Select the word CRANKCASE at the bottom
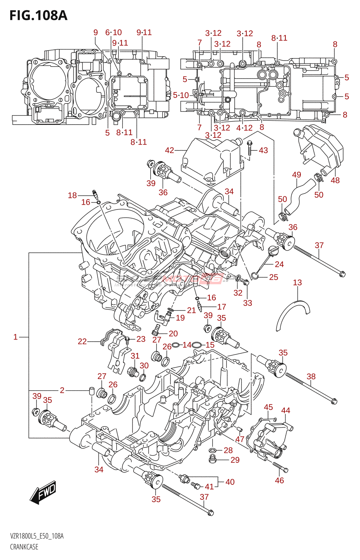pos(24,547)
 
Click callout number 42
pos(169,150)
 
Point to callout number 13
pos(297,282)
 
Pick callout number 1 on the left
pos(15,337)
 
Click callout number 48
pos(335,180)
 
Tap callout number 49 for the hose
pos(296,175)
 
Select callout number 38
pos(311,376)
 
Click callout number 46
pos(279,481)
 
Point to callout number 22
pos(82,341)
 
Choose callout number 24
pos(279,264)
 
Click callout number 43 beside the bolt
pos(263,150)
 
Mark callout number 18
pos(72,195)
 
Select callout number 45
pos(268,407)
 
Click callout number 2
pos(62,390)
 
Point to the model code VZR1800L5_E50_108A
pos(37,536)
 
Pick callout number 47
pos(240,439)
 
